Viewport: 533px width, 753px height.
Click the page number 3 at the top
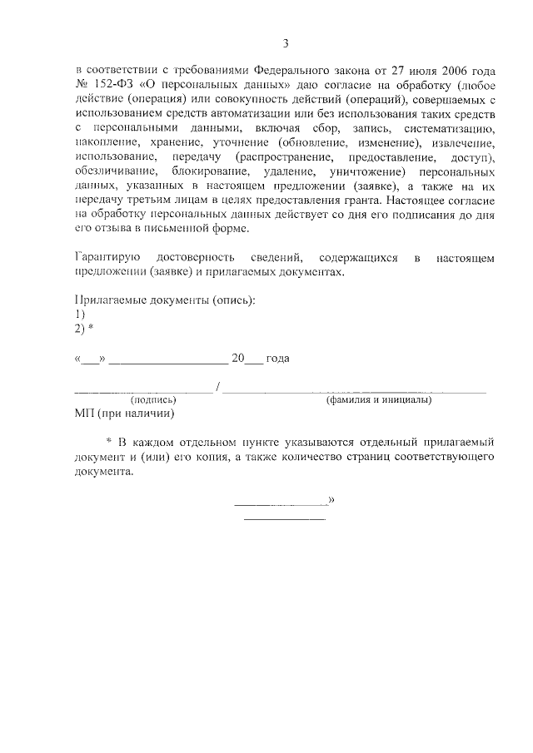(285, 44)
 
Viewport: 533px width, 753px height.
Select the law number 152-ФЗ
(112, 86)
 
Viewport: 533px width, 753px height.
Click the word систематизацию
(449, 129)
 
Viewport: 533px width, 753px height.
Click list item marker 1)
(80, 315)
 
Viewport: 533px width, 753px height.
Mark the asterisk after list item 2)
(91, 328)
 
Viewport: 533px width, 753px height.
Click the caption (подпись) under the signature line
(154, 400)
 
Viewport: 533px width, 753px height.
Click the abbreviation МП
(84, 414)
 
